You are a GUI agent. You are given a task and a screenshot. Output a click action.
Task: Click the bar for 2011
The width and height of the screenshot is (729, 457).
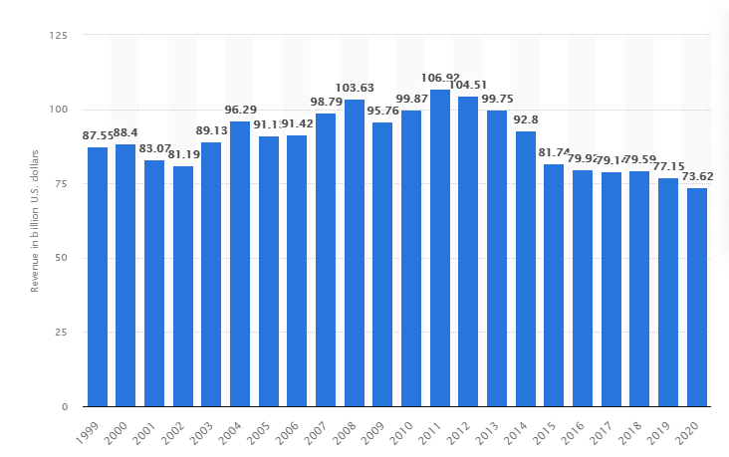(x=440, y=249)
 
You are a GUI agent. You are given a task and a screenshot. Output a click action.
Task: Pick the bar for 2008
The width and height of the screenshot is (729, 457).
(x=355, y=253)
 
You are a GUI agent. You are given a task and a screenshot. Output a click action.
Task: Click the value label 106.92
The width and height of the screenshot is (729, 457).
(x=440, y=77)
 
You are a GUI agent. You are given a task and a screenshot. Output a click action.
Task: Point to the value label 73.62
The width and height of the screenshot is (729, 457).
(x=697, y=176)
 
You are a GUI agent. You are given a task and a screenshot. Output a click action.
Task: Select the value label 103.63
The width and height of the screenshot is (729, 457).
(x=355, y=88)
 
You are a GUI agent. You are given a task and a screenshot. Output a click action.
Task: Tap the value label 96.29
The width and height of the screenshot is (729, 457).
(x=240, y=110)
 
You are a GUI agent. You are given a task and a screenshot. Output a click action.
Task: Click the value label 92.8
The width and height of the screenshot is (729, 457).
(x=526, y=119)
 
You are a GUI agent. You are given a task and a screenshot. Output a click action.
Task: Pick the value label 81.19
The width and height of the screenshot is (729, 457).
(x=183, y=154)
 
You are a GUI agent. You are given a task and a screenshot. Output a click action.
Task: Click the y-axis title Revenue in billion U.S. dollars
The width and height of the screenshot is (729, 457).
(x=34, y=221)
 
